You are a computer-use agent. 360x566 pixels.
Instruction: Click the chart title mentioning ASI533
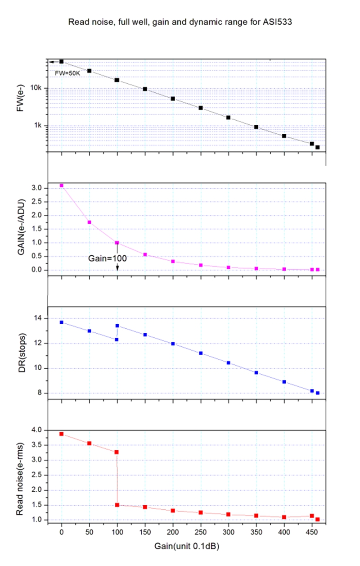coord(180,21)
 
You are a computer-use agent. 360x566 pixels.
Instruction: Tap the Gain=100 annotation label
coord(107,258)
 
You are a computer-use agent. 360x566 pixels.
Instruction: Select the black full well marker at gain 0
coord(62,61)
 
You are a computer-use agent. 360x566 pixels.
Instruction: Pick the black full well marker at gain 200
coord(173,99)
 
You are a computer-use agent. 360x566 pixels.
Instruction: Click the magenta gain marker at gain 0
coord(62,186)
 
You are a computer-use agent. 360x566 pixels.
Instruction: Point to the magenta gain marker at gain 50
coord(90,222)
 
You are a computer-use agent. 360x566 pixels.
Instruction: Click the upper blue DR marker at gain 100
coord(117,326)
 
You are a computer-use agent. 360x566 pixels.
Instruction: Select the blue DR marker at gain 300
coord(229,362)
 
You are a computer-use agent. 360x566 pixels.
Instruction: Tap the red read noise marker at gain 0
coord(62,434)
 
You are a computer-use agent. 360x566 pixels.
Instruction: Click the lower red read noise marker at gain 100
coord(117,505)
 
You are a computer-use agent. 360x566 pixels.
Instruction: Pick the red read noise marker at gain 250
coord(201,512)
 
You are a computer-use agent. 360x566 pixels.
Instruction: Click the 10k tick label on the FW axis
coord(36,88)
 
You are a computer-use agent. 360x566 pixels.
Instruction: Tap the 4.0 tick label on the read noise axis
coord(36,430)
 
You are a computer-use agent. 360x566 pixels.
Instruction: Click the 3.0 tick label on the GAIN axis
coord(36,188)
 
